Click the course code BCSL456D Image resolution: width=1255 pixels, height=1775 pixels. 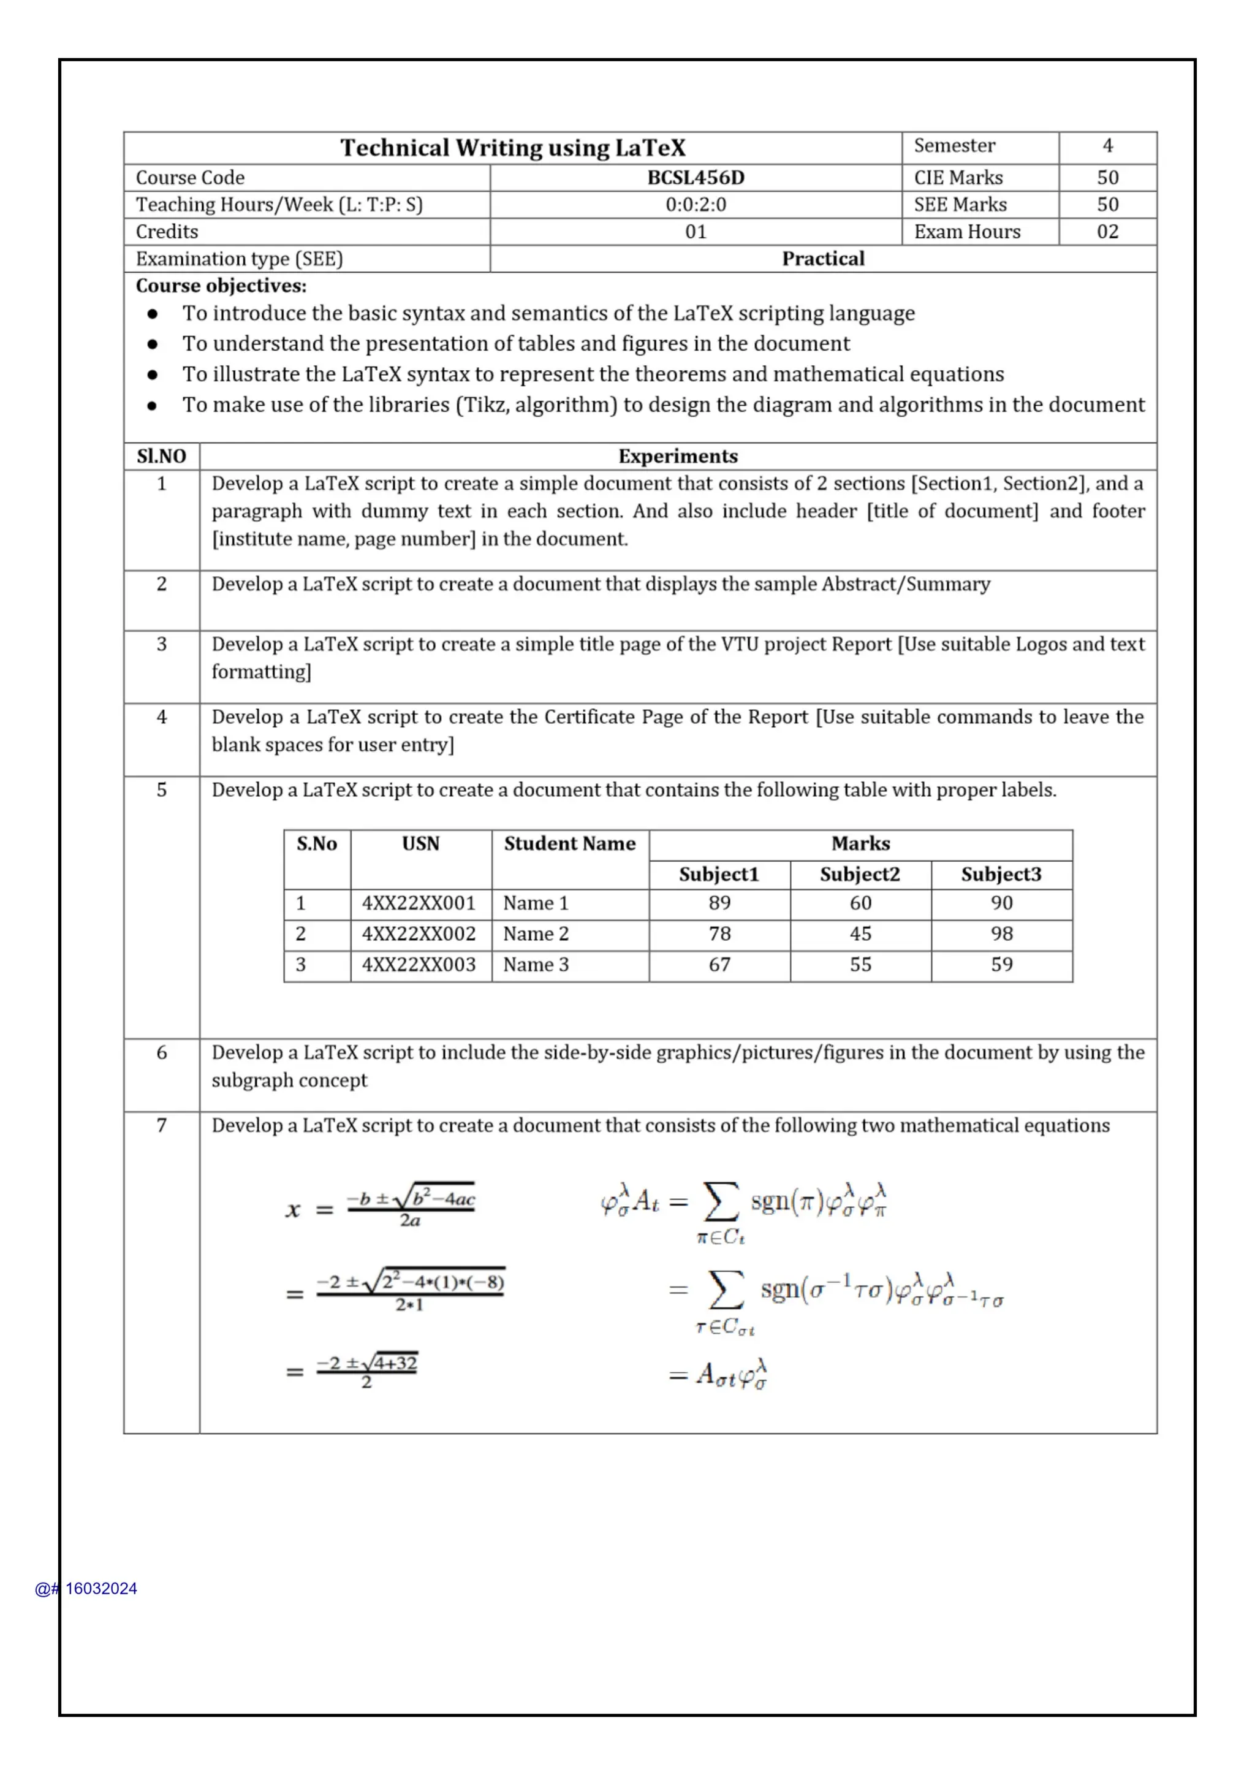(696, 178)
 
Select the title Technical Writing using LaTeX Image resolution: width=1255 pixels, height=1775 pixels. (512, 148)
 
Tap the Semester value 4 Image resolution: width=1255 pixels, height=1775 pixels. (1107, 146)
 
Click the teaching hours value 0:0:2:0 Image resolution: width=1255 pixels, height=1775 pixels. (696, 205)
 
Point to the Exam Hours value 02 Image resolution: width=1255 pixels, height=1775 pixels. (1107, 232)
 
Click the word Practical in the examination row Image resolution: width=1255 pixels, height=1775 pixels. (823, 259)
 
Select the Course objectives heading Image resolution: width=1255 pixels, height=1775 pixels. (221, 286)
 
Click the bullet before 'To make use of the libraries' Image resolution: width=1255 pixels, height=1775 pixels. (152, 406)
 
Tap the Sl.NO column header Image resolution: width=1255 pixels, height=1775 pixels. (162, 457)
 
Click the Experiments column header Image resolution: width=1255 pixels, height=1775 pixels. (678, 457)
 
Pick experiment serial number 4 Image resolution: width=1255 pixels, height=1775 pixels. (162, 718)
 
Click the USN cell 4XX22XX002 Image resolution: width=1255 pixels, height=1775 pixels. (419, 934)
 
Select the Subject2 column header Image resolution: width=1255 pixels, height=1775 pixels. (860, 875)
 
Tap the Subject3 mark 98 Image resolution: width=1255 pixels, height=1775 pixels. (1001, 934)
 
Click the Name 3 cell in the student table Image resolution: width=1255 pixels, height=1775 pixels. (536, 965)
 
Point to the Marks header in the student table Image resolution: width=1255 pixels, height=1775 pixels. (860, 843)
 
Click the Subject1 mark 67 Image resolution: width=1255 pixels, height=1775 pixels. (719, 965)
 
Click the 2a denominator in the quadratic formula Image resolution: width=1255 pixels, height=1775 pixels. (409, 1221)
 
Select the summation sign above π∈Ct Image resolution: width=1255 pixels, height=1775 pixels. (720, 1203)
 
